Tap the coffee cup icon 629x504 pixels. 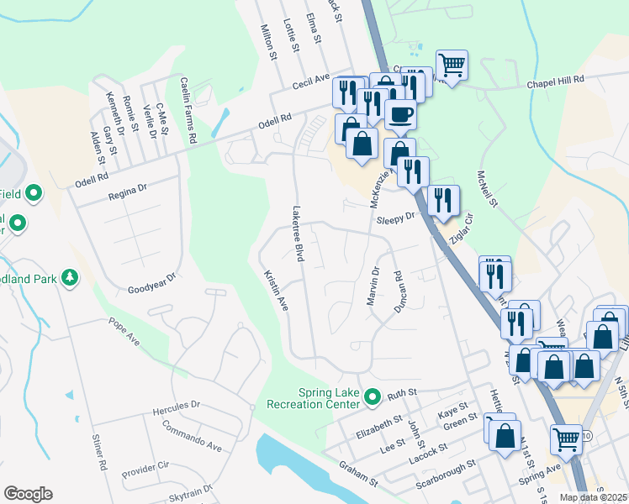pyautogui.click(x=400, y=114)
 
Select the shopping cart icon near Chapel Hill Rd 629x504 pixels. pyautogui.click(x=452, y=64)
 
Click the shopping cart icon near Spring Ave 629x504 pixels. pyautogui.click(x=566, y=438)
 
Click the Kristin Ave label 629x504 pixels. pyautogui.click(x=276, y=290)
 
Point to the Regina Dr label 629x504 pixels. pyautogui.click(x=128, y=193)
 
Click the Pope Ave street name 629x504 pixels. pyautogui.click(x=124, y=332)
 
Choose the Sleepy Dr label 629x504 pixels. pyautogui.click(x=397, y=218)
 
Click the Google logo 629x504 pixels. pyautogui.click(x=28, y=494)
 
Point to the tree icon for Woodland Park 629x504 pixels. pyautogui.click(x=71, y=276)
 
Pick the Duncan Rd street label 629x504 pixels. pyautogui.click(x=399, y=291)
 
